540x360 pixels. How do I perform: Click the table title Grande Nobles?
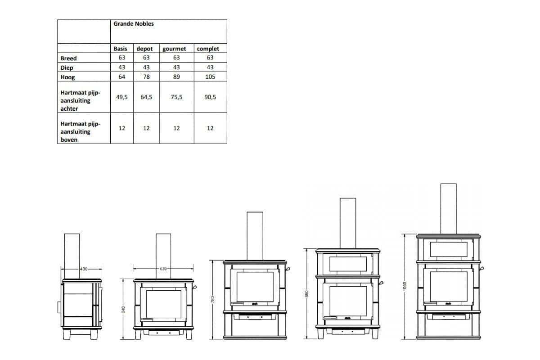[133, 24]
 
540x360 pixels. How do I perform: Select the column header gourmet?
[176, 49]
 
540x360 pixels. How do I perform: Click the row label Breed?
[68, 58]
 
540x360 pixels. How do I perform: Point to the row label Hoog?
[67, 77]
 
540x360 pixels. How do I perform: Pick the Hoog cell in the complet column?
[210, 77]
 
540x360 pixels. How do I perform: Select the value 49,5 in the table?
[122, 97]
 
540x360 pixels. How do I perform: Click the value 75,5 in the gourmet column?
[176, 97]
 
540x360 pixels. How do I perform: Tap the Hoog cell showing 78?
[146, 77]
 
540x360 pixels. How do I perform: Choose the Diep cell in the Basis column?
[122, 67]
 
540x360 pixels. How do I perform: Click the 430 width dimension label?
[84, 269]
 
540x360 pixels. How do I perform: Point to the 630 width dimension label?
[163, 269]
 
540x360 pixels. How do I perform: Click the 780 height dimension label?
[213, 299]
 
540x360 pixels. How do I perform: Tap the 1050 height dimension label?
[405, 286]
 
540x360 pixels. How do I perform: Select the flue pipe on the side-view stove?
[72, 256]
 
